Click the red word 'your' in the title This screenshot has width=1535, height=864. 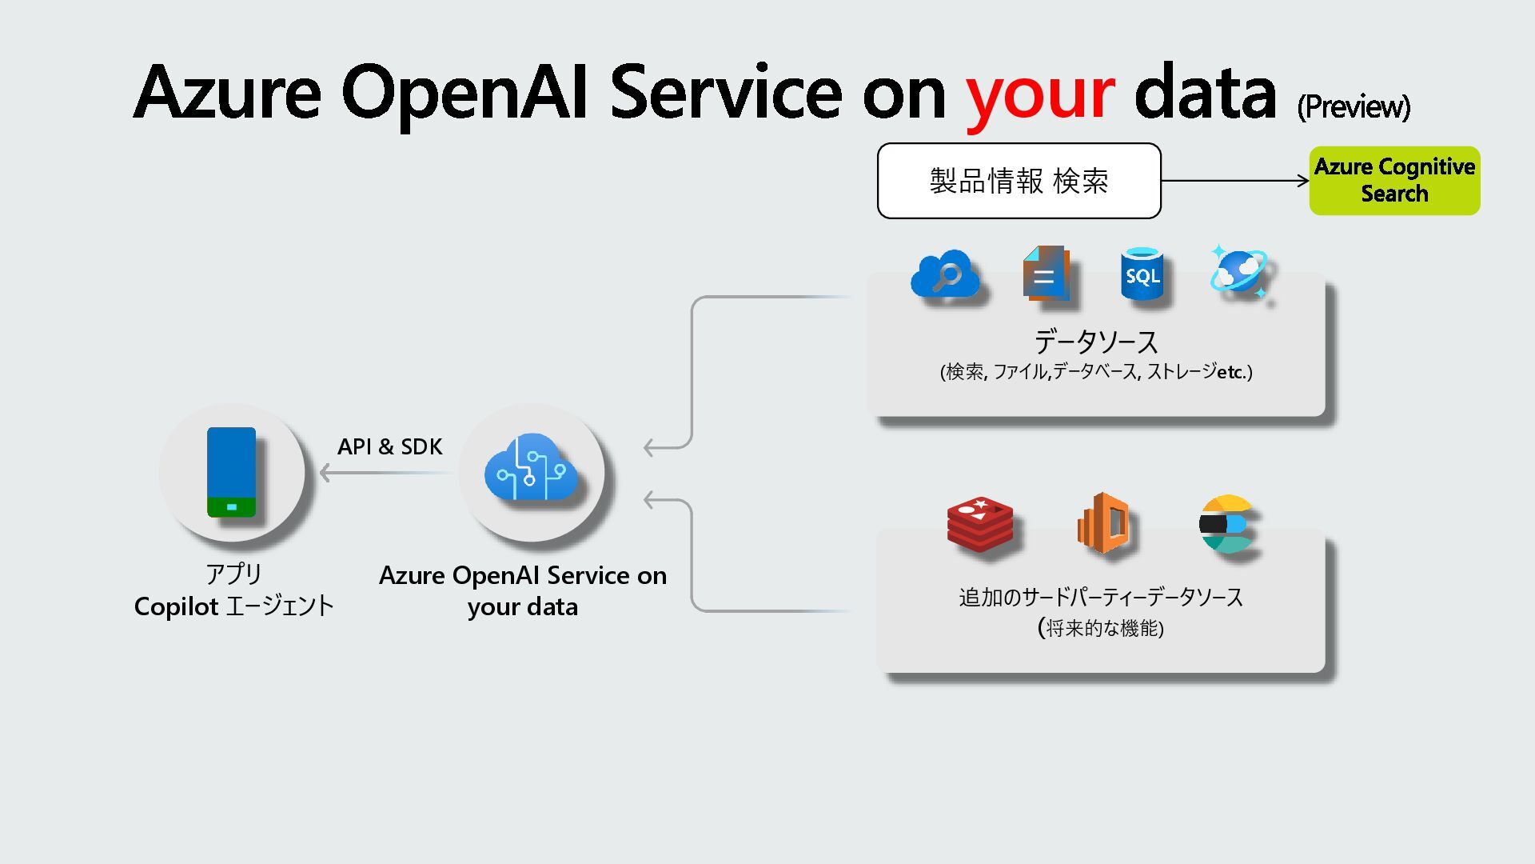pyautogui.click(x=1039, y=94)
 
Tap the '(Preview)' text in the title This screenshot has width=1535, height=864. pyautogui.click(x=1353, y=106)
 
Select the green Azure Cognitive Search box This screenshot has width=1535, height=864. pyautogui.click(x=1394, y=180)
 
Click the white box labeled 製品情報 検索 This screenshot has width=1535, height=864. pyautogui.click(x=1019, y=181)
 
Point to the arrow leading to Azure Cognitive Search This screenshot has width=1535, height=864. pyautogui.click(x=1234, y=181)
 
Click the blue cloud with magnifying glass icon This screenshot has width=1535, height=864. pyautogui.click(x=945, y=274)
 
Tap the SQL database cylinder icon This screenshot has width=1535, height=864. pyautogui.click(x=1142, y=274)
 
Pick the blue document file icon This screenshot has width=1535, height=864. pyautogui.click(x=1045, y=274)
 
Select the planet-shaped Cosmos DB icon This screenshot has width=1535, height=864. pyautogui.click(x=1238, y=271)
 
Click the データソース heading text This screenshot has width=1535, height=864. pyautogui.click(x=1096, y=342)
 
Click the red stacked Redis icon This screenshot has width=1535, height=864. pyautogui.click(x=980, y=524)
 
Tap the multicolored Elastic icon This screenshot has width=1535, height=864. pyautogui.click(x=1226, y=524)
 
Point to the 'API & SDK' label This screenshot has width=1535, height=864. pyautogui.click(x=389, y=446)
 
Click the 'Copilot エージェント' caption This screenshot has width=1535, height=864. pyautogui.click(x=233, y=606)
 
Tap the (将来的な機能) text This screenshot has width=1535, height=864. pyautogui.click(x=1101, y=628)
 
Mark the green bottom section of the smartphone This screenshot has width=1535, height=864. pyautogui.click(x=231, y=507)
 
